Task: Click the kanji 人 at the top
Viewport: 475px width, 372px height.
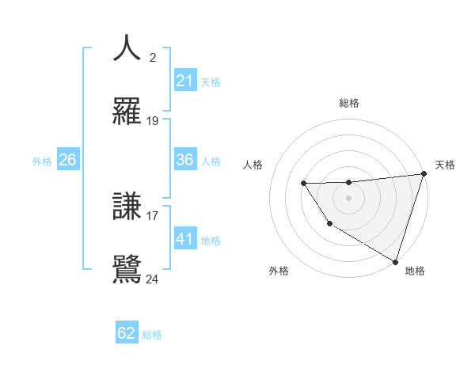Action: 127,48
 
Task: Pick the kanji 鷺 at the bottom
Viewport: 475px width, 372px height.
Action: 127,268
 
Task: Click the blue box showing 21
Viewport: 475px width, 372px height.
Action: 185,81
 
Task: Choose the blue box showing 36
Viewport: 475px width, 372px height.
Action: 185,160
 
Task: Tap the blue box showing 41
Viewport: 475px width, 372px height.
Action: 185,238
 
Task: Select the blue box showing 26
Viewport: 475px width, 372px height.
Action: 68,160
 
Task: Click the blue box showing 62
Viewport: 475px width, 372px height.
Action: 127,333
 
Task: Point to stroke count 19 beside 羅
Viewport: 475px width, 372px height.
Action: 153,121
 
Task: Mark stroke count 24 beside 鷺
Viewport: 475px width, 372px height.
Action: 153,279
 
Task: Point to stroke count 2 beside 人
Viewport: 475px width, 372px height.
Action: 153,58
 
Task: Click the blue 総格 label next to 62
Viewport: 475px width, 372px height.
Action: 152,334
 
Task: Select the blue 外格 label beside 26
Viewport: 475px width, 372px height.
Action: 42,161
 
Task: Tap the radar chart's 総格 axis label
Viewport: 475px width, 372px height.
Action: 348,103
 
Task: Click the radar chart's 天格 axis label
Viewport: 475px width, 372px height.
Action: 445,165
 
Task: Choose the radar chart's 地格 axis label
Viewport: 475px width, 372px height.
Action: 415,271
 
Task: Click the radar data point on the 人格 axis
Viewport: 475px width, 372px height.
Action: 303,184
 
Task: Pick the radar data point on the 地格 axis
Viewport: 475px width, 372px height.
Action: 394,260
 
